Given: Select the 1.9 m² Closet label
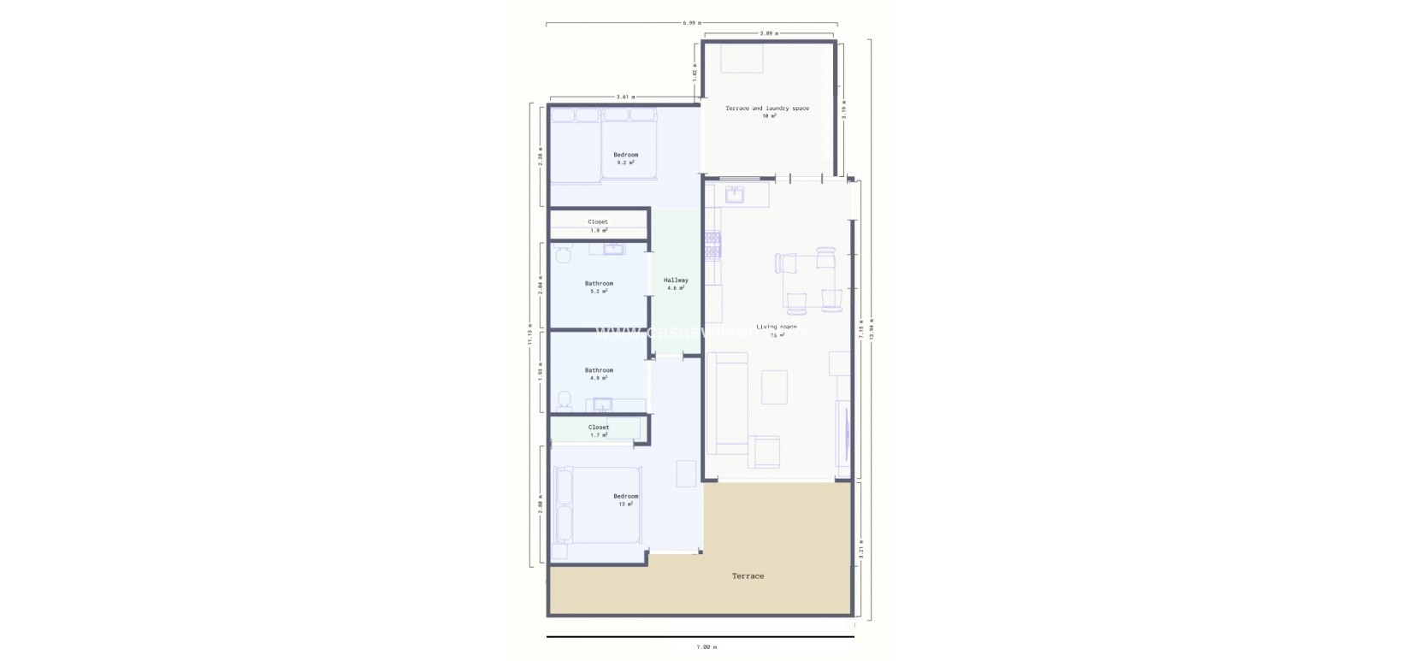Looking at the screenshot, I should pyautogui.click(x=598, y=226).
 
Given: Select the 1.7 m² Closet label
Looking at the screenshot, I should pyautogui.click(x=599, y=431).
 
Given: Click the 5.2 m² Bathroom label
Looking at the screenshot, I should pyautogui.click(x=599, y=286).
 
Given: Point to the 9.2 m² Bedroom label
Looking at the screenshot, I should pyautogui.click(x=625, y=158).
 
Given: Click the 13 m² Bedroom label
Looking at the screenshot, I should pyautogui.click(x=625, y=499).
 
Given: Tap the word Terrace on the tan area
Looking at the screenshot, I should pyautogui.click(x=748, y=576).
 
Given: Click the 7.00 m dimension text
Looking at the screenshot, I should pyautogui.click(x=706, y=647).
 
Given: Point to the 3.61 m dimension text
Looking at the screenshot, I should pyautogui.click(x=625, y=97).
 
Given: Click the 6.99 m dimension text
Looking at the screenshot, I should pyautogui.click(x=691, y=22).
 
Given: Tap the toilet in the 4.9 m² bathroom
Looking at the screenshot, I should pyautogui.click(x=564, y=399).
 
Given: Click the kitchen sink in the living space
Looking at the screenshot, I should pyautogui.click(x=734, y=196).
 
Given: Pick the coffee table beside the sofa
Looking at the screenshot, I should pyautogui.click(x=774, y=387).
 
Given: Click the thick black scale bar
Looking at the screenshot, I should pyautogui.click(x=700, y=637).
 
